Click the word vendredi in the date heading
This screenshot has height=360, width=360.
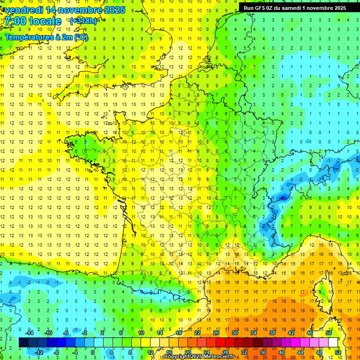(x=24, y=10)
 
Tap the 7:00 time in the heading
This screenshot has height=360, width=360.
(x=17, y=21)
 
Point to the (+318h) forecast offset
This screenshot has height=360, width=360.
(x=83, y=21)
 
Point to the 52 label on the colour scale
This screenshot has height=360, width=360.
(x=338, y=352)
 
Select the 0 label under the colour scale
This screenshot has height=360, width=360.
(x=92, y=352)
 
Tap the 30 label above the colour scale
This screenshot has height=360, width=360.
(x=234, y=333)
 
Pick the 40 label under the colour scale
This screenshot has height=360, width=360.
(x=281, y=352)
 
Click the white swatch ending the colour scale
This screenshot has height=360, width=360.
(x=333, y=343)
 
